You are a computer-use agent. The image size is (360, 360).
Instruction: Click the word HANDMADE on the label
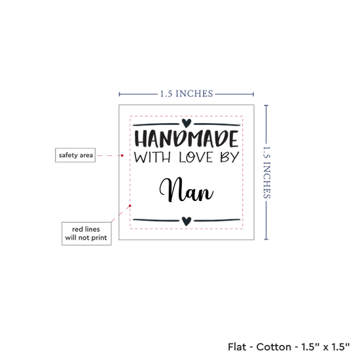(x=187, y=139)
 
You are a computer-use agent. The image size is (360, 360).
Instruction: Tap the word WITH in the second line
(x=153, y=157)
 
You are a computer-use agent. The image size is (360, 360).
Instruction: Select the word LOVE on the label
(x=196, y=157)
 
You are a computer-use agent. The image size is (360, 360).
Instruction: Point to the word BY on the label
(x=230, y=157)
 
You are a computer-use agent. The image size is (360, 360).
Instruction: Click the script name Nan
(x=187, y=190)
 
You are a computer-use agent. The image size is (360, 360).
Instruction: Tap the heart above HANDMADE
(x=187, y=123)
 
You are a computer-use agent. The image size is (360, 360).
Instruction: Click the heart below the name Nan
(x=187, y=221)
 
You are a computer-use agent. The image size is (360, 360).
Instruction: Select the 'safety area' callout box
(x=75, y=155)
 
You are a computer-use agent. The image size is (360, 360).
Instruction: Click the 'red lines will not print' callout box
(x=86, y=234)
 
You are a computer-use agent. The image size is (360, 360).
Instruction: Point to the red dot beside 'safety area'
(x=122, y=155)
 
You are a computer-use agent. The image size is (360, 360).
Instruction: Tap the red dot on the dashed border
(x=130, y=206)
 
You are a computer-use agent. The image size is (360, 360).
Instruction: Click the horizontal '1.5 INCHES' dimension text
(x=187, y=94)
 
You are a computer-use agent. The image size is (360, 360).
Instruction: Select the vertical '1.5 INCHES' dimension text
(x=266, y=172)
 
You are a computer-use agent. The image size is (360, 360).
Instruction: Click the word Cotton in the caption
(x=274, y=347)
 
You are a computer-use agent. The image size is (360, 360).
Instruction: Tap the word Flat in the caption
(x=236, y=347)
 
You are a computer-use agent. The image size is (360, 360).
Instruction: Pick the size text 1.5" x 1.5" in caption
(x=325, y=347)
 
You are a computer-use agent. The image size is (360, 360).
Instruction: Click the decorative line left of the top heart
(x=156, y=124)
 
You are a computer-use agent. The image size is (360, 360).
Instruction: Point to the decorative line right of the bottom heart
(x=217, y=221)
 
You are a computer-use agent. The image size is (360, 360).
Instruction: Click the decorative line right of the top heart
(x=217, y=124)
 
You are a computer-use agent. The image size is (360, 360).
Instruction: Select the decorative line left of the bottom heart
(x=156, y=221)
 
